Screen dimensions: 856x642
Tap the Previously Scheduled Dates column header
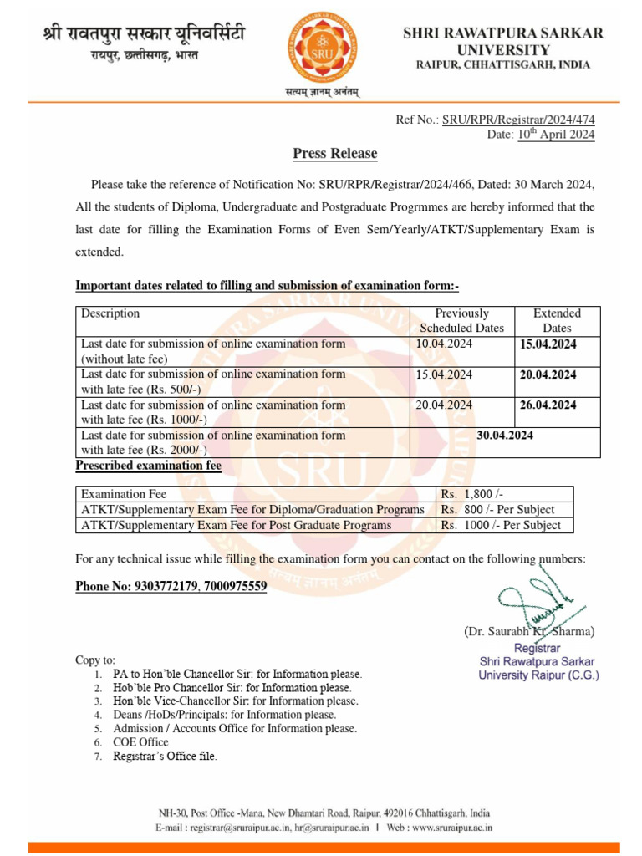pyautogui.click(x=461, y=321)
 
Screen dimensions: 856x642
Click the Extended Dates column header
pyautogui.click(x=557, y=321)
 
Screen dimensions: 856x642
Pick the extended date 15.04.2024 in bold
pyautogui.click(x=548, y=344)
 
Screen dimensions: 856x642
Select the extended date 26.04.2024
pyautogui.click(x=548, y=405)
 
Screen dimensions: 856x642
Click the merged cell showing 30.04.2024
pyautogui.click(x=505, y=436)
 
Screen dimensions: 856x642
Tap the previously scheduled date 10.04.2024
pyautogui.click(x=444, y=344)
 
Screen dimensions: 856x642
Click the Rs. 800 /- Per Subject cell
pyautogui.click(x=497, y=510)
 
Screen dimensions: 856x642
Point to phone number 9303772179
pyautogui.click(x=166, y=587)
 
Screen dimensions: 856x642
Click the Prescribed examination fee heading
pyautogui.click(x=148, y=466)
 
